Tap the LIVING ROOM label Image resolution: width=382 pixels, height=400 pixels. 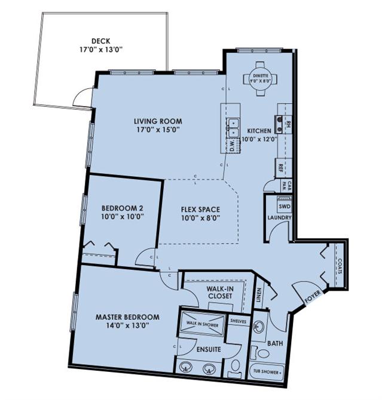(158, 121)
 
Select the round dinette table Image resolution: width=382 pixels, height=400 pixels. (259, 81)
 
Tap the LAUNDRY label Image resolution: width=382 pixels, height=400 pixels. (279, 218)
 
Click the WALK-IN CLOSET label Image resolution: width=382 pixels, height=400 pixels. (220, 291)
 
